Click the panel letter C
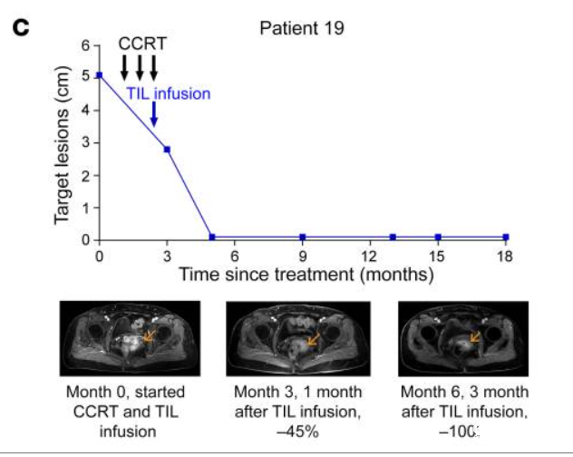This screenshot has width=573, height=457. coord(19,27)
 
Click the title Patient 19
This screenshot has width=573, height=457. coord(302,27)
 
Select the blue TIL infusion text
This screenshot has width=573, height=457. coord(168,93)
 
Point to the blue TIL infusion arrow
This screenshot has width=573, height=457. coord(153,114)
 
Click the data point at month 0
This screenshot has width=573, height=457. coord(100,75)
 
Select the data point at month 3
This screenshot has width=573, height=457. coord(167,149)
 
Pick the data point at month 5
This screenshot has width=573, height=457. coord(212,238)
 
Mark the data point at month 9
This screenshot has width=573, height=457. coord(302,238)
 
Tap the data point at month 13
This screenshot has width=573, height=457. coord(393,238)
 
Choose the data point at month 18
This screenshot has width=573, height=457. coord(505,238)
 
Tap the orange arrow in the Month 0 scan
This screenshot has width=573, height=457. coord(149,335)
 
